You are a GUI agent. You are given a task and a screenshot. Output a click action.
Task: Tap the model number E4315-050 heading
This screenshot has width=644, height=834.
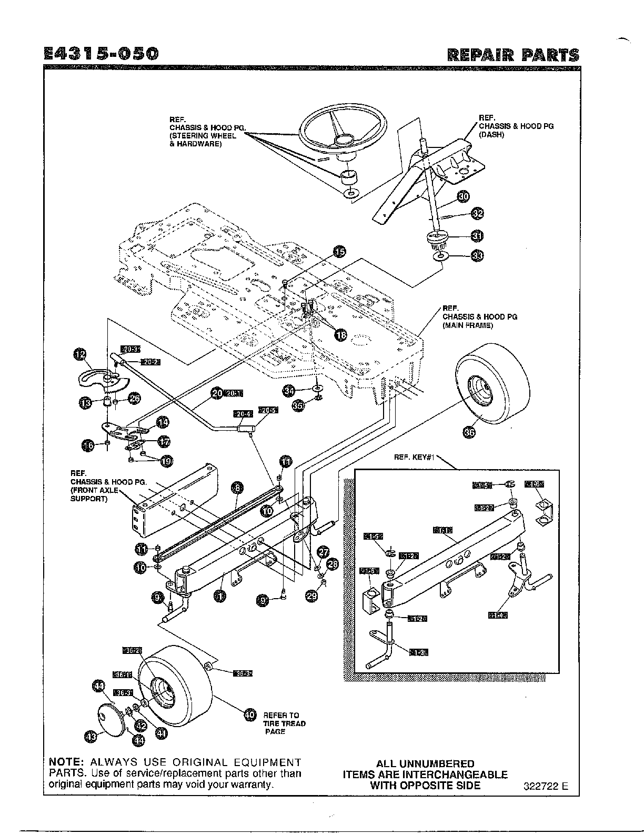coord(100,54)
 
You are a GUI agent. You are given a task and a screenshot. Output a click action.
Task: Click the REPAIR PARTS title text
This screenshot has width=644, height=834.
coord(512,55)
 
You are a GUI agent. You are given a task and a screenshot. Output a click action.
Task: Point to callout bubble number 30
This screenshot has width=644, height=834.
coord(463,197)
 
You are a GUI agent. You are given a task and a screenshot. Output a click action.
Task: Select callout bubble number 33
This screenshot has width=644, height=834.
coord(477,256)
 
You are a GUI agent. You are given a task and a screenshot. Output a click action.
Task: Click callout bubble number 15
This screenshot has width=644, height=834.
coord(340,252)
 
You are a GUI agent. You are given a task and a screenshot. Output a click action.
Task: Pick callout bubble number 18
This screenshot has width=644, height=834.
coord(341,334)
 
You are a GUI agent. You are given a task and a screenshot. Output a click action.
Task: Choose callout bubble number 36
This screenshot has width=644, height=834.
coord(468,432)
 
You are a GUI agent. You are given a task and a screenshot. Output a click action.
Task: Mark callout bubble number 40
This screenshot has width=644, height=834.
coord(250,714)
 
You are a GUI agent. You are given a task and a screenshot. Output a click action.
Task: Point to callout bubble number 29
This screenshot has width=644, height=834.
coord(312,595)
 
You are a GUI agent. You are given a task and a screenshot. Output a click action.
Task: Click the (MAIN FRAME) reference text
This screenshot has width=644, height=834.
coord(467,325)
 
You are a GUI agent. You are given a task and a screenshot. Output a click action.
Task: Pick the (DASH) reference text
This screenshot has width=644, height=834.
coord(491,134)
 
